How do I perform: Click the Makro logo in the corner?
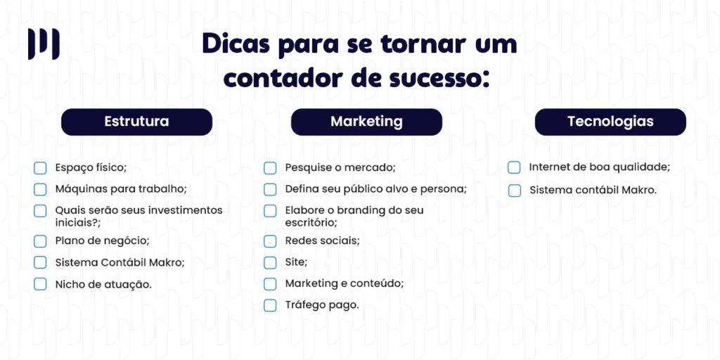pyautogui.click(x=44, y=44)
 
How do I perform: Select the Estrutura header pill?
pyautogui.click(x=136, y=122)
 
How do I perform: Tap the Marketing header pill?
pyautogui.click(x=366, y=122)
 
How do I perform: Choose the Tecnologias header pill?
pyautogui.click(x=610, y=122)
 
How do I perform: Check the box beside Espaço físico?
pyautogui.click(x=40, y=168)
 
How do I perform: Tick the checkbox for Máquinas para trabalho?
pyautogui.click(x=40, y=189)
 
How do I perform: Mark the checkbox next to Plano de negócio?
pyautogui.click(x=40, y=241)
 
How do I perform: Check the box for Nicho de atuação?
pyautogui.click(x=40, y=285)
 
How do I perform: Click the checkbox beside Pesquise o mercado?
pyautogui.click(x=270, y=168)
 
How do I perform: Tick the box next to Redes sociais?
pyautogui.click(x=270, y=241)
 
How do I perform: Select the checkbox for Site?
pyautogui.click(x=270, y=263)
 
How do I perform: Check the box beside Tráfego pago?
pyautogui.click(x=270, y=305)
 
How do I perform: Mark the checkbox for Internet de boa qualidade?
pyautogui.click(x=514, y=167)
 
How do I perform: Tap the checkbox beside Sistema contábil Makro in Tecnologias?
pyautogui.click(x=514, y=190)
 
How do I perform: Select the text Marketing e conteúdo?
pyautogui.click(x=344, y=283)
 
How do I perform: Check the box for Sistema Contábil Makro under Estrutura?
pyautogui.click(x=40, y=263)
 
